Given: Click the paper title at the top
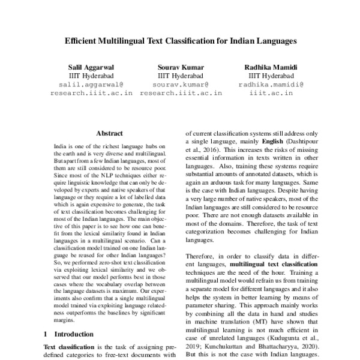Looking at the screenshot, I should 181,43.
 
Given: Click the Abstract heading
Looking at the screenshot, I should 109,133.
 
